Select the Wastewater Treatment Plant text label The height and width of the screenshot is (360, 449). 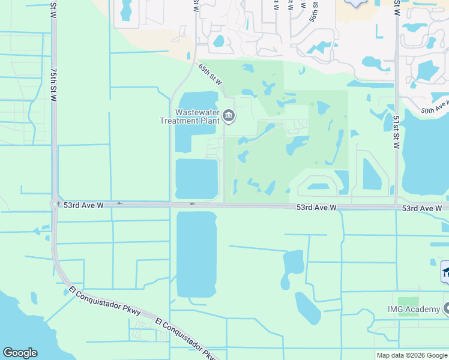[x=187, y=116]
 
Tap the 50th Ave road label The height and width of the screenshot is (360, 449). [x=435, y=107]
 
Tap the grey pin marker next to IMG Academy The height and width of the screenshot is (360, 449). [x=447, y=309]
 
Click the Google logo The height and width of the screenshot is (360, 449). [x=20, y=353]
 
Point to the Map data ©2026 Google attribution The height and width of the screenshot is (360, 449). [x=411, y=355]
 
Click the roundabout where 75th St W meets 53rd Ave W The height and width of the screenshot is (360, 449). [x=55, y=204]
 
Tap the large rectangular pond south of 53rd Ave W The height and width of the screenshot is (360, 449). [x=196, y=253]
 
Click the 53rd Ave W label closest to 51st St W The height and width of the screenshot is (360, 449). [x=422, y=208]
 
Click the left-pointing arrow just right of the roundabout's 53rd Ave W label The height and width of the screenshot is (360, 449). [x=119, y=203]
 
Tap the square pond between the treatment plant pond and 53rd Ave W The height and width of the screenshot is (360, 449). [x=197, y=178]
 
